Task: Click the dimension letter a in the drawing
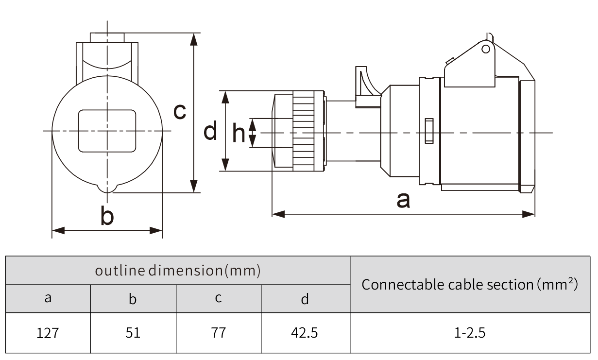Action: click(403, 200)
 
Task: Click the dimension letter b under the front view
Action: click(107, 216)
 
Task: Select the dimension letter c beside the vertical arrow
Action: click(180, 111)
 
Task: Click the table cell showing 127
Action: click(48, 333)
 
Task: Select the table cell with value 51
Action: click(133, 333)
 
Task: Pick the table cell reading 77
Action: click(218, 333)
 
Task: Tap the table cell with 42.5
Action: click(305, 333)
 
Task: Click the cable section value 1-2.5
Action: click(470, 333)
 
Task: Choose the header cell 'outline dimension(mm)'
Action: click(177, 271)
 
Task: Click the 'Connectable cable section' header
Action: click(470, 284)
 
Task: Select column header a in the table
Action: click(48, 298)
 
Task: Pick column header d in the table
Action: click(305, 299)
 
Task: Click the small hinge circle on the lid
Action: click(485, 49)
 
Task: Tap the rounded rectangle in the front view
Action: click(107, 131)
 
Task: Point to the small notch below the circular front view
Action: click(107, 188)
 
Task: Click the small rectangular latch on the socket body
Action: click(429, 131)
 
